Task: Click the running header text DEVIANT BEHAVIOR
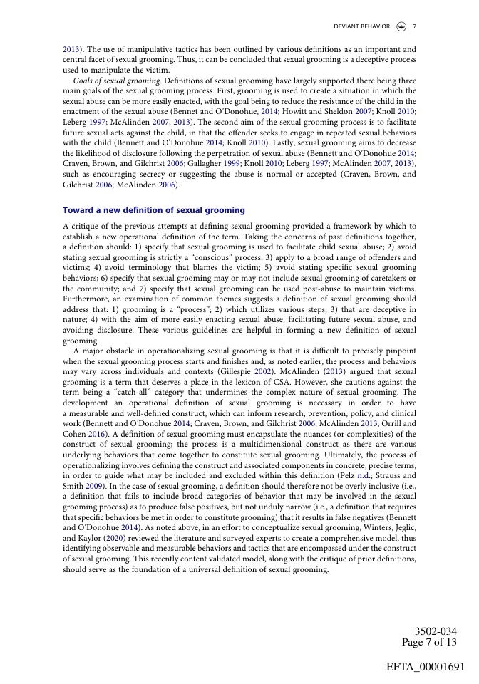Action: [x=361, y=26]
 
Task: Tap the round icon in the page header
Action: [x=401, y=26]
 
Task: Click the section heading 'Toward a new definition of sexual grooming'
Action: [x=154, y=210]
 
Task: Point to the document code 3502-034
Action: [x=436, y=631]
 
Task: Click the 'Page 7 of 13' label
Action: [x=429, y=642]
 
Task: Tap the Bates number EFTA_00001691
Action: [x=426, y=667]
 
